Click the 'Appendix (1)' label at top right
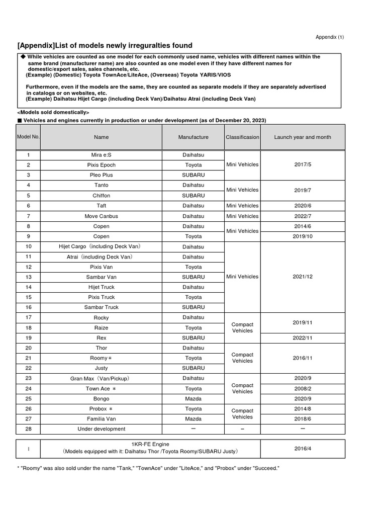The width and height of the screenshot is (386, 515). (330, 37)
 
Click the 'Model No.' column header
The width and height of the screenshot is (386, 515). (28, 137)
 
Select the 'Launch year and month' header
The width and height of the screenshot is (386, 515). (303, 137)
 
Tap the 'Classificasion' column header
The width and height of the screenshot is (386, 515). (243, 137)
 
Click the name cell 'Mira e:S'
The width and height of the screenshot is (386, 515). (101, 155)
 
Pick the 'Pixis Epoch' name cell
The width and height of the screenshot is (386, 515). (101, 165)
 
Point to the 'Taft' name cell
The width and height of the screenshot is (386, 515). (101, 206)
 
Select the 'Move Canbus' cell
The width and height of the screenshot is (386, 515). (101, 216)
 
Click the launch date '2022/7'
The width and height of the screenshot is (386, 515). (303, 216)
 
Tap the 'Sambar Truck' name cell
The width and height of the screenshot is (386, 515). (101, 307)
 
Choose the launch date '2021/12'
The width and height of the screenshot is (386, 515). (303, 277)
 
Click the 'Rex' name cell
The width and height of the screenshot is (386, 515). (101, 338)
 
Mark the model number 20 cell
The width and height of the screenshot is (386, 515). (28, 348)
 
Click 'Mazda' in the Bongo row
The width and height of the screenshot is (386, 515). (193, 399)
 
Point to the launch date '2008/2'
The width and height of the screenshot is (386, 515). (303, 389)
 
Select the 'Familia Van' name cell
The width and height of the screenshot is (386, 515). (101, 419)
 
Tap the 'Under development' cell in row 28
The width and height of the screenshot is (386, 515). (101, 429)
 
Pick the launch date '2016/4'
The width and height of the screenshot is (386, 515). (303, 448)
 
